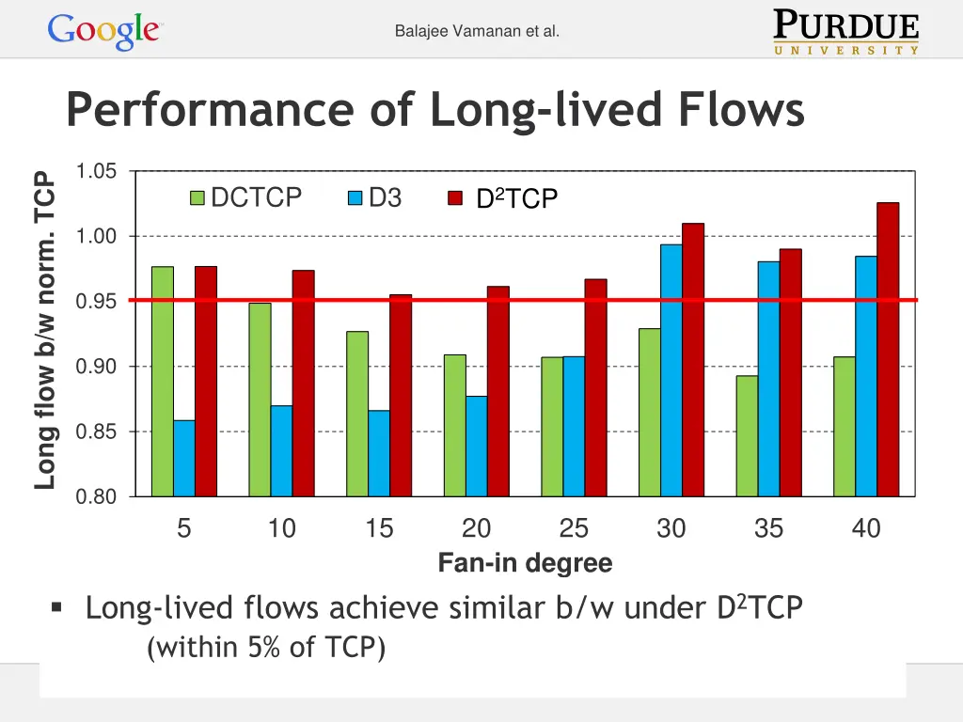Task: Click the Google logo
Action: click(105, 31)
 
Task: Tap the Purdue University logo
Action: click(846, 32)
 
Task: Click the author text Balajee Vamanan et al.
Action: click(477, 31)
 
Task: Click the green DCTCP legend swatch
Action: click(197, 198)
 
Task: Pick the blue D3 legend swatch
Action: click(355, 198)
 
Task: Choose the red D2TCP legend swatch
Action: click(455, 199)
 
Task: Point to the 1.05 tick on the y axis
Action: click(97, 171)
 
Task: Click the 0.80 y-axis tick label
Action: click(97, 497)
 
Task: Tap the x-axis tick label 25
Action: click(574, 529)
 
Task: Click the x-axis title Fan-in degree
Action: click(525, 564)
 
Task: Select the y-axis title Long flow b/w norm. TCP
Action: click(44, 329)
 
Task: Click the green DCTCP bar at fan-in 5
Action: click(163, 381)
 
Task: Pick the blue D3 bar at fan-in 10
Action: click(281, 450)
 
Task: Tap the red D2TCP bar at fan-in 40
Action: click(888, 349)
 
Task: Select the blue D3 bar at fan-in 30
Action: click(671, 369)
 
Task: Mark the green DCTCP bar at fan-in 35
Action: click(747, 435)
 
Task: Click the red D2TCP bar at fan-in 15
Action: click(401, 395)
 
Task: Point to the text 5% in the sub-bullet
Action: click(260, 648)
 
